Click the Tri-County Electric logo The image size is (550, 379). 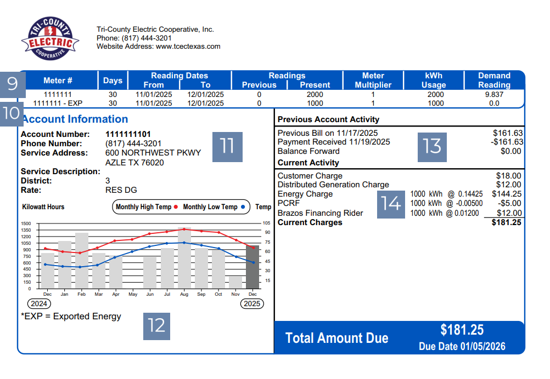[50, 39]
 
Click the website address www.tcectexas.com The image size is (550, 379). [188, 47]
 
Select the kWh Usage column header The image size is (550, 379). [433, 80]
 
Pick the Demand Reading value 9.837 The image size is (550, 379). [494, 95]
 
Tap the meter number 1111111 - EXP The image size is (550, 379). [58, 103]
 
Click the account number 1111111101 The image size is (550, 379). [128, 134]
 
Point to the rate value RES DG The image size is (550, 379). [121, 190]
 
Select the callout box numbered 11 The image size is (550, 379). [227, 146]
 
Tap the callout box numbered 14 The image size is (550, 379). [391, 203]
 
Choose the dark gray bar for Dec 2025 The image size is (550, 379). [252, 267]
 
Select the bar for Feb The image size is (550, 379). [82, 261]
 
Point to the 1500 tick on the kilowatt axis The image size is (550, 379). [26, 224]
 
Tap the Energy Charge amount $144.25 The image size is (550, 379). [507, 194]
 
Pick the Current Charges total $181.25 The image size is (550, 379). [507, 222]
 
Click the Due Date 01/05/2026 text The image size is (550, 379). [462, 347]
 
